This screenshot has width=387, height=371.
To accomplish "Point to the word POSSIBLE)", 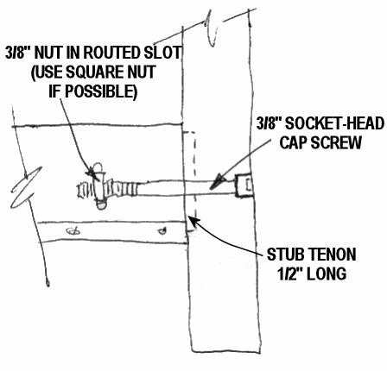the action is (101, 91).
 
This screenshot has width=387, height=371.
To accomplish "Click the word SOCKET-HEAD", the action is (334, 123).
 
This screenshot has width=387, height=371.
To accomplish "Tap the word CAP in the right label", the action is (295, 142).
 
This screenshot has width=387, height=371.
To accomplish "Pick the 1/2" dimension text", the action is (290, 274).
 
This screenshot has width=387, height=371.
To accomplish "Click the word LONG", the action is (327, 274).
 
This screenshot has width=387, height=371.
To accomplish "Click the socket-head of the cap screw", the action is (244, 185).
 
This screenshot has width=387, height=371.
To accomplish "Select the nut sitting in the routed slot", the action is (99, 185).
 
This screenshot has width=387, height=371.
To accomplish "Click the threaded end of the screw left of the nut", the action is (85, 191).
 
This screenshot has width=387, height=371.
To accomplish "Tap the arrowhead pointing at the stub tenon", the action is (193, 221).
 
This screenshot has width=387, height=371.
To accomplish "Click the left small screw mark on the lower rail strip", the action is (73, 230).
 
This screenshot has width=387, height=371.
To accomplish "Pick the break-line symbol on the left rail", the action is (25, 187).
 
